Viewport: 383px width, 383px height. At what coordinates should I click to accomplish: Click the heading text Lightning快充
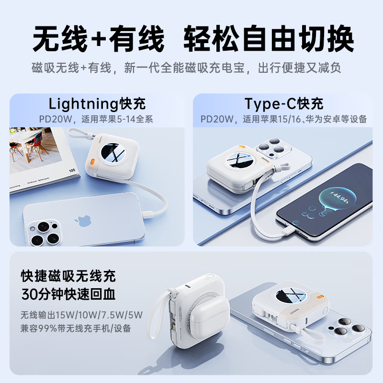(97, 103)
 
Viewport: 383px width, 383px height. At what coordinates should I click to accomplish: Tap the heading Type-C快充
(284, 103)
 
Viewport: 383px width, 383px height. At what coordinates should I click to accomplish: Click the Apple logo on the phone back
(81, 221)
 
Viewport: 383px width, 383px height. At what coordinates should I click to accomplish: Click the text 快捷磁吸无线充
(68, 276)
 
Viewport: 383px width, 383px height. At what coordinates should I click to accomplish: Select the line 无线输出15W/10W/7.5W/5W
(82, 315)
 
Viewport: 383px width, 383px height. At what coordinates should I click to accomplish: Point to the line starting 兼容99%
(76, 328)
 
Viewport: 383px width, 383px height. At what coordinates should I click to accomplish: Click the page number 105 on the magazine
(72, 170)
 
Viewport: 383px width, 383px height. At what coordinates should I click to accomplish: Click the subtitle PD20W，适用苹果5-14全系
(96, 119)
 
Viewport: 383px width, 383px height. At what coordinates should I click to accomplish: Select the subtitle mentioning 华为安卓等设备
(284, 119)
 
